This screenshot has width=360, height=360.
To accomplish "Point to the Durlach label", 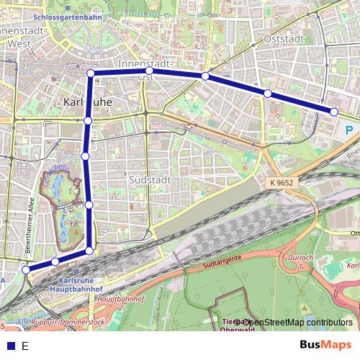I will (x=305, y=257).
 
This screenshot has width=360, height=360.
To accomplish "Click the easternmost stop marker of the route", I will (x=334, y=111).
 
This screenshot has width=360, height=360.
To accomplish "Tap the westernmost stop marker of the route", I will (x=26, y=270).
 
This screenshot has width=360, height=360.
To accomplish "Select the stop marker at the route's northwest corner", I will (x=91, y=73).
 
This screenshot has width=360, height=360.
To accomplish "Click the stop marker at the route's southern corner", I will (x=89, y=251).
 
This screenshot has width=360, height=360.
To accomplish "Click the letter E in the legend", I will (x=24, y=346).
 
